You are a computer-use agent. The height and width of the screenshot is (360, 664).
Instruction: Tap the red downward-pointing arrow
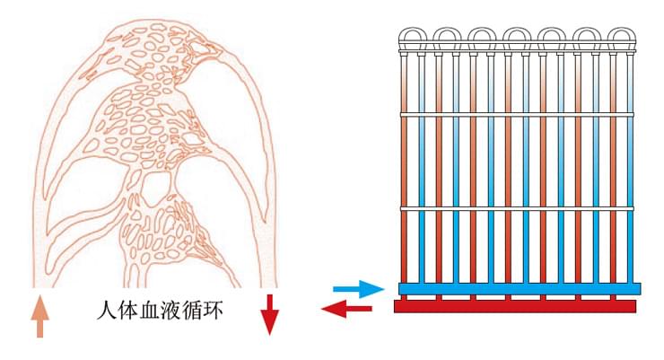270,313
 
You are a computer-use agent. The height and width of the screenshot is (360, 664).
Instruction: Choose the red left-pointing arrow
346,310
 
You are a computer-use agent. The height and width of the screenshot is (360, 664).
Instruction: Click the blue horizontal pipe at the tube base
518,289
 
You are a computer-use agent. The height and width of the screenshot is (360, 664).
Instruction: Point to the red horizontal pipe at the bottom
515,307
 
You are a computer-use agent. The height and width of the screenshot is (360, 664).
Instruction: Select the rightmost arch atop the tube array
622,36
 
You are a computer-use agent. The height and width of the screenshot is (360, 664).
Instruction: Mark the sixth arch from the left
587,36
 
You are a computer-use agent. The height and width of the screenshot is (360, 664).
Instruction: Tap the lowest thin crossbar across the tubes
516,209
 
